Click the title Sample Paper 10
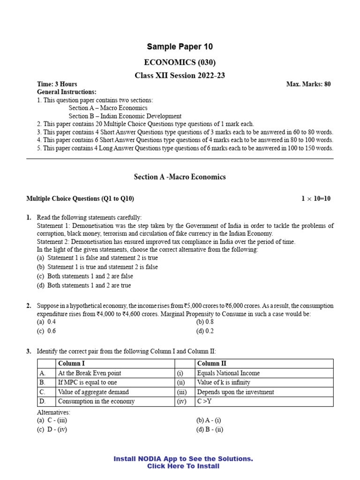180,46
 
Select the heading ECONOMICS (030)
180,62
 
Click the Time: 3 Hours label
57,84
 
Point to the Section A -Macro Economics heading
180,177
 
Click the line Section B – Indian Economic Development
125,116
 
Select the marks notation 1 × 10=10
316,199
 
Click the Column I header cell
71,364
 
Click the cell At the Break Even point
90,373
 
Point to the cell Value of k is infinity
224,382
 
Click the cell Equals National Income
228,373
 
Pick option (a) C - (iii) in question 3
52,420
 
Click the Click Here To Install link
183,466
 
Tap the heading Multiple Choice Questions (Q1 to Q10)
80,199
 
